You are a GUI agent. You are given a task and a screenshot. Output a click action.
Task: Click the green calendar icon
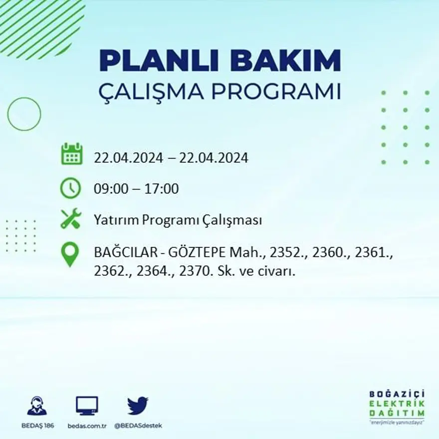click(71, 154)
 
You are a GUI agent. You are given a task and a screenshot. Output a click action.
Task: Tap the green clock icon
click(70, 188)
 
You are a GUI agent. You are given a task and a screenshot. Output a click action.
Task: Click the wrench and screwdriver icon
click(70, 219)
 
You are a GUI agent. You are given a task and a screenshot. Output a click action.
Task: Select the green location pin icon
click(70, 254)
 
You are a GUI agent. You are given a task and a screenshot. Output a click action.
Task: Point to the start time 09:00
click(109, 189)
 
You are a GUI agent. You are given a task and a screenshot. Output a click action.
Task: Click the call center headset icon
click(37, 406)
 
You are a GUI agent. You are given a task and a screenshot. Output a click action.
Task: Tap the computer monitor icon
click(87, 406)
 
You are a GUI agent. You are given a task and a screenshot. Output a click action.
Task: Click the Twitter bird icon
click(138, 406)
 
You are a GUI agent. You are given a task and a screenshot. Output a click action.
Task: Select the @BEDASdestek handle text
click(138, 426)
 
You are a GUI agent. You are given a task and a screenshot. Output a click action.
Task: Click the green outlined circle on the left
click(24, 114)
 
